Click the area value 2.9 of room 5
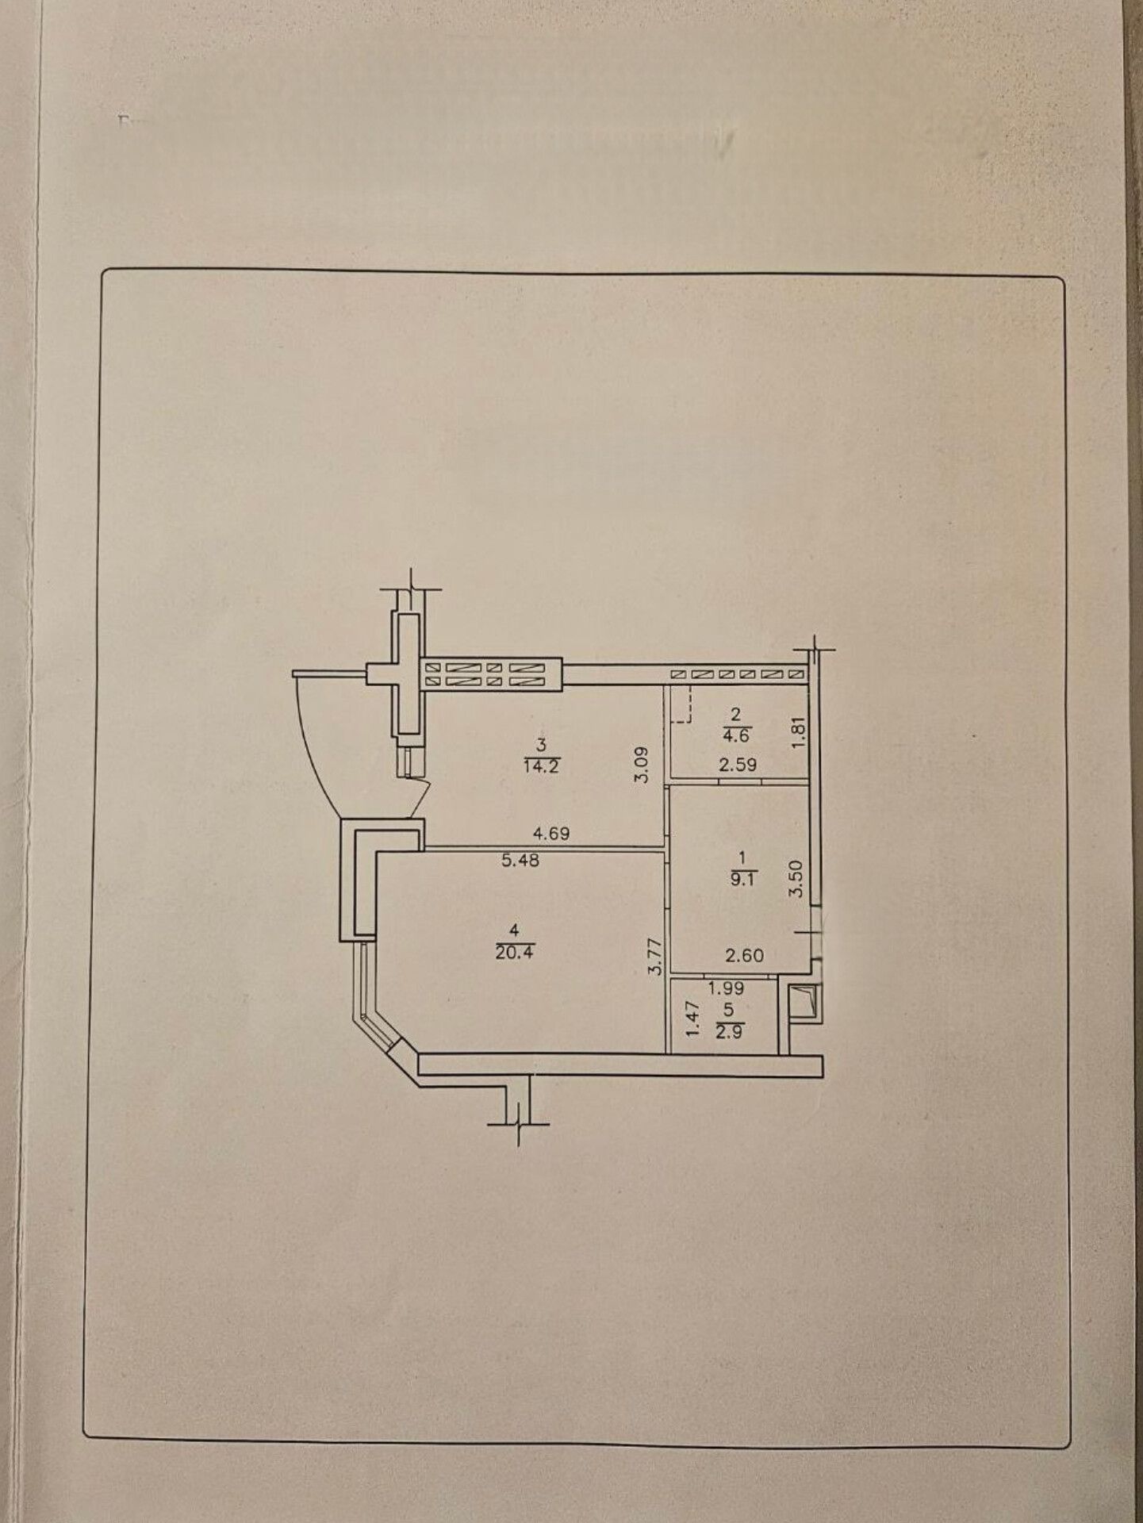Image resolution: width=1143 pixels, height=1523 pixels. click(728, 1033)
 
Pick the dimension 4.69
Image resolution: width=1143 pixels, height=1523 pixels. click(551, 834)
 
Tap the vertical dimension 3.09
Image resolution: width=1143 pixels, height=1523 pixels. click(642, 764)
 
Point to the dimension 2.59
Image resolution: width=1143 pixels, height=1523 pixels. click(738, 765)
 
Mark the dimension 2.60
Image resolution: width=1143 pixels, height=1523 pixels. click(745, 956)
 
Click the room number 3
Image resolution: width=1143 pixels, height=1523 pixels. click(542, 745)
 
